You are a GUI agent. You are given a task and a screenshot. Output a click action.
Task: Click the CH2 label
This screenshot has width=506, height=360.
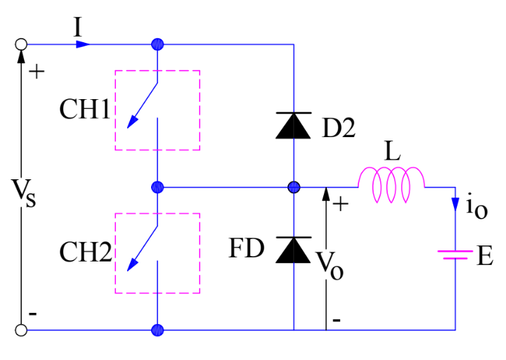pyautogui.click(x=84, y=252)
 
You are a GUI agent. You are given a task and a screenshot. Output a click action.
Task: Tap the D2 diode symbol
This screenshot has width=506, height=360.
pyautogui.click(x=294, y=126)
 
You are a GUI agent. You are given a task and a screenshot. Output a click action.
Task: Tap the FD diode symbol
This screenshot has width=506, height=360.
pyautogui.click(x=294, y=249)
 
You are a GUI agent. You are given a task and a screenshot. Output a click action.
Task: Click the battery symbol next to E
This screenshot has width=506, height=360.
pyautogui.click(x=455, y=255)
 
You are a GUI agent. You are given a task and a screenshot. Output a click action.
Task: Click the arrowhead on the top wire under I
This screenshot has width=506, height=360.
pyautogui.click(x=83, y=44)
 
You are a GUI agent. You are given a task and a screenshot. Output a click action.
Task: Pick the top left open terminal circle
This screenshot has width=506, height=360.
pyautogui.click(x=21, y=44)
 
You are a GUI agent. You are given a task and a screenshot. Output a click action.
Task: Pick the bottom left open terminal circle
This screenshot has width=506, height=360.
pyautogui.click(x=21, y=329)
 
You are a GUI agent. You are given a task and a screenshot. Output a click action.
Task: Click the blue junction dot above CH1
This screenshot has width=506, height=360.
pyautogui.click(x=157, y=44)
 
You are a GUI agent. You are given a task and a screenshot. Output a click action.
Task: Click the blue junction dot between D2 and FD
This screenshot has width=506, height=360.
pyautogui.click(x=294, y=187)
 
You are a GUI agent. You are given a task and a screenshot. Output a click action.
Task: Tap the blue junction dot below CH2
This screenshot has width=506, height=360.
pyautogui.click(x=157, y=329)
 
